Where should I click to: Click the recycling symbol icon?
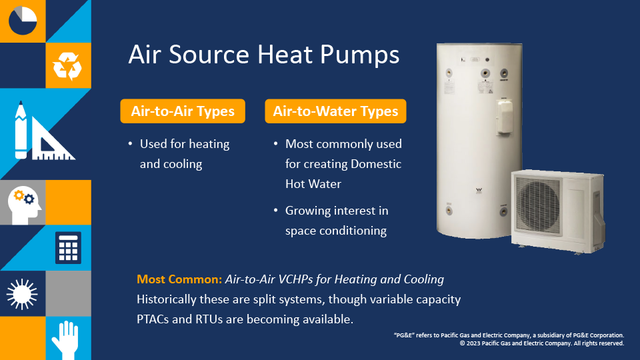click(x=67, y=66)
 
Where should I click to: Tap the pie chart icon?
click(x=23, y=21)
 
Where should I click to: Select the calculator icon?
click(x=68, y=248)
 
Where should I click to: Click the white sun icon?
click(x=22, y=294)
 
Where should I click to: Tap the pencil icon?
click(x=21, y=130)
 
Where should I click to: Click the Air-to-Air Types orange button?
click(x=183, y=111)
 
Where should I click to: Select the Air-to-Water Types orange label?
click(x=335, y=111)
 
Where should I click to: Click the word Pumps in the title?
click(x=359, y=55)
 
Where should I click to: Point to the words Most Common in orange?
click(x=179, y=279)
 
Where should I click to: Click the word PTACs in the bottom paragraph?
click(x=153, y=319)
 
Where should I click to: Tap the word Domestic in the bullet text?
click(x=376, y=164)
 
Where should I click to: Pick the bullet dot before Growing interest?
click(x=276, y=210)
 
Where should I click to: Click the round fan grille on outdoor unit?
click(x=538, y=206)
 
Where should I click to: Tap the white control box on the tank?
click(x=505, y=117)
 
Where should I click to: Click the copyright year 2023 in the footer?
click(x=473, y=343)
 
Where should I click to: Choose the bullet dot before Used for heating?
click(x=130, y=144)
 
